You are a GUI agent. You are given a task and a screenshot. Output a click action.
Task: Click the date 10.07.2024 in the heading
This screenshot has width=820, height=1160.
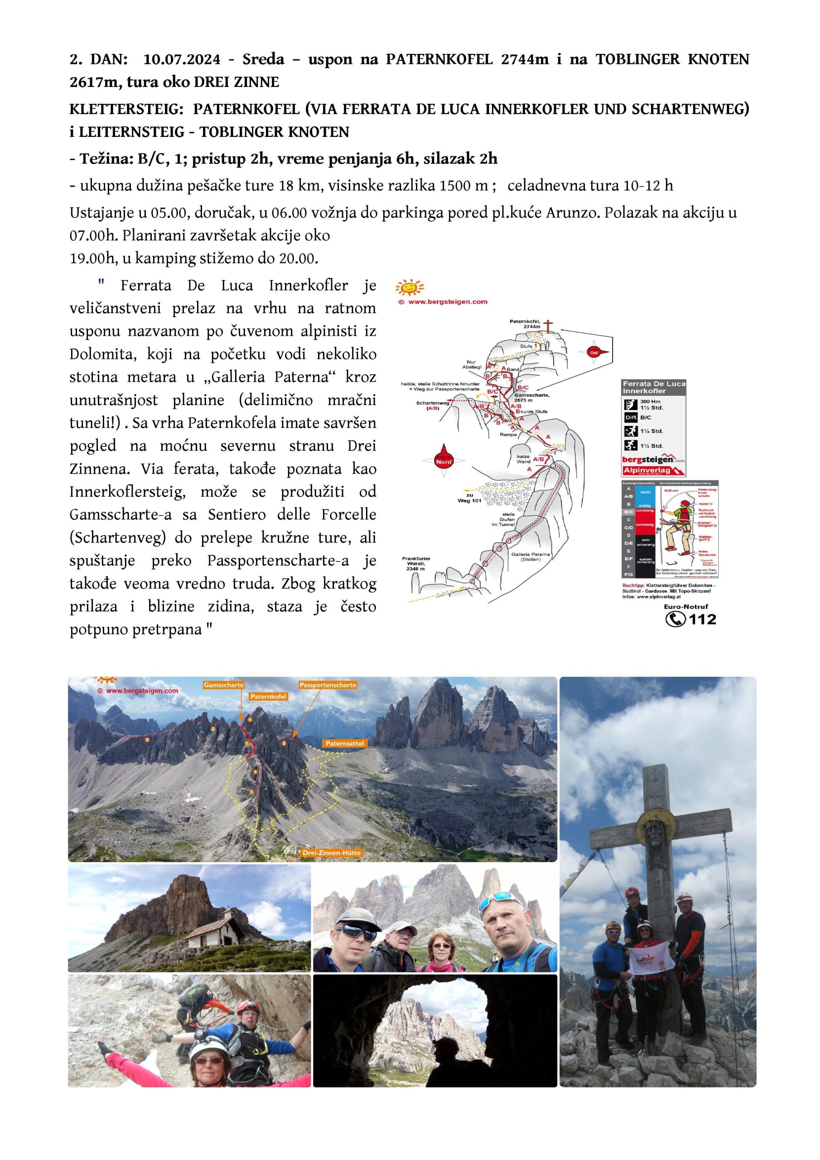(x=182, y=60)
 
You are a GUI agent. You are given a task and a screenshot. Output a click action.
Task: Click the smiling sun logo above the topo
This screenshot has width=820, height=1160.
(x=410, y=287)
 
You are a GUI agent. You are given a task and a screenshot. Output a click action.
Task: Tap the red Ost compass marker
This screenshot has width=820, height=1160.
(x=594, y=352)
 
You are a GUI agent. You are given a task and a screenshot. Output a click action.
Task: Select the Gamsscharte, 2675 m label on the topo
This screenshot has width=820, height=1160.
(x=530, y=396)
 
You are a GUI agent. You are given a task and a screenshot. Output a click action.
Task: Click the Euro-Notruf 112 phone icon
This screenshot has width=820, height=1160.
(x=675, y=619)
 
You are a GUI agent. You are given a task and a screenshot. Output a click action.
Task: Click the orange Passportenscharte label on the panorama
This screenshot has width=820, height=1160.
(x=328, y=685)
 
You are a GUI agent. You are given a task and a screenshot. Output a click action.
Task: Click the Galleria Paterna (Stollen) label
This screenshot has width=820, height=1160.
(x=531, y=557)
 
